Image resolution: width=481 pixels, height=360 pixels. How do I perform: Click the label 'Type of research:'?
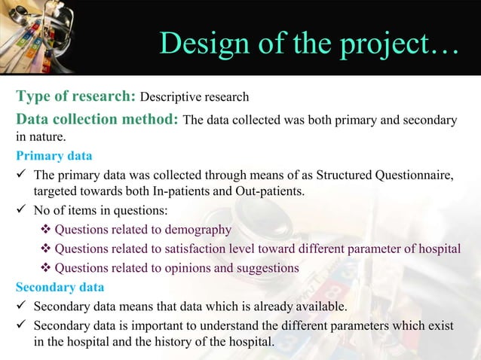pyautogui.click(x=75, y=96)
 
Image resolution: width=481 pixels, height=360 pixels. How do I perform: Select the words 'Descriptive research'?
pyautogui.click(x=195, y=97)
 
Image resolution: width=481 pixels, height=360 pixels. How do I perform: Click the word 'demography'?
pyautogui.click(x=198, y=230)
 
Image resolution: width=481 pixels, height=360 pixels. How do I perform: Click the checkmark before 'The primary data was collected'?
pyautogui.click(x=21, y=175)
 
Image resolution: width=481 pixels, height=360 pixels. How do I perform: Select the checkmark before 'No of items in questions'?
pyautogui.click(x=21, y=211)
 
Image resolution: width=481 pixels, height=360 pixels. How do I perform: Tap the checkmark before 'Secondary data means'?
pyautogui.click(x=21, y=306)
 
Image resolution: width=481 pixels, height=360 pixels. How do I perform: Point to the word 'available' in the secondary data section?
pyautogui.click(x=320, y=306)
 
